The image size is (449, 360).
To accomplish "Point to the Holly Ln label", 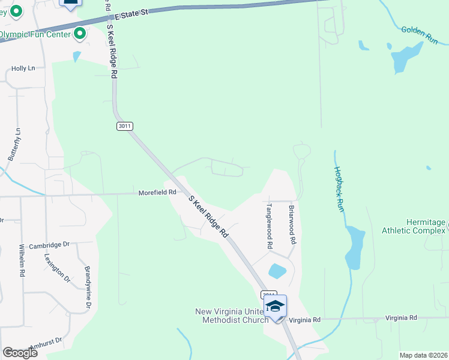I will point(23,69).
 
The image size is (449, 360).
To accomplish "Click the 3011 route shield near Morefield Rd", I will point(124,126).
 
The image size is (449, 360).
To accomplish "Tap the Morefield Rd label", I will point(157,193).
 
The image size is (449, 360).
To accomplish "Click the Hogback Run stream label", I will point(339,189).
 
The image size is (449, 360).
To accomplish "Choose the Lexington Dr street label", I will point(57,268).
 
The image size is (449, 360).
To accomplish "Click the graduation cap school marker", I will point(276,307).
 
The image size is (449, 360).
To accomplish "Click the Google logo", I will point(20,353).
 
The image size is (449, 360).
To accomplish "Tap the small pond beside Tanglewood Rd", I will point(277,271).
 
